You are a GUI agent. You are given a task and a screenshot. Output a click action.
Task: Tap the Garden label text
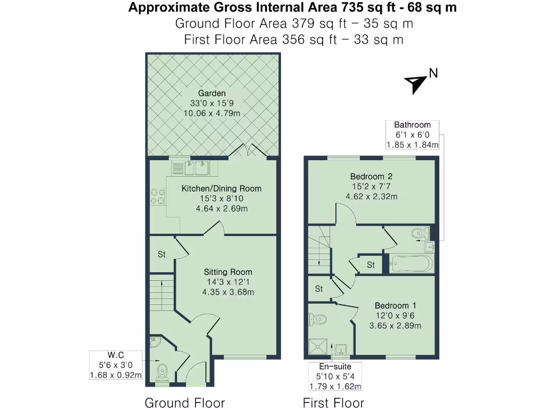[212, 93]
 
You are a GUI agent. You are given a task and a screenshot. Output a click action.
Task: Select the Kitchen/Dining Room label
[222, 188]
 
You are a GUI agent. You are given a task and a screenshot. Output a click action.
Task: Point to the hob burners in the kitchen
[157, 196]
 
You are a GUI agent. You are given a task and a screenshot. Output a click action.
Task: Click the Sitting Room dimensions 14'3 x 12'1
[228, 282]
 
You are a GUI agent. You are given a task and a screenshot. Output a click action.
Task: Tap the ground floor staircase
[162, 296]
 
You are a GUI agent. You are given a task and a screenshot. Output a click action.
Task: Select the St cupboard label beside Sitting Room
[161, 255]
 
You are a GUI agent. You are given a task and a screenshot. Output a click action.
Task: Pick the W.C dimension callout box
[116, 365]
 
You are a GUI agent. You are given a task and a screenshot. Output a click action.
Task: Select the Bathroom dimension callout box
[412, 135]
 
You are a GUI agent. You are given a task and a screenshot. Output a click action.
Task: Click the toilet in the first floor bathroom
[421, 233]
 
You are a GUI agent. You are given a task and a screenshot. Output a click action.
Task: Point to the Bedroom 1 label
[392, 305]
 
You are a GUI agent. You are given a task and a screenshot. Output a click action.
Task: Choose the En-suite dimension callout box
[335, 376]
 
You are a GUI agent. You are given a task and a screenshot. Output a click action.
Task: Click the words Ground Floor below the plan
[184, 403]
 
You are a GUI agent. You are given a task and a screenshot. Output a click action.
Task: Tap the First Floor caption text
[333, 403]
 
